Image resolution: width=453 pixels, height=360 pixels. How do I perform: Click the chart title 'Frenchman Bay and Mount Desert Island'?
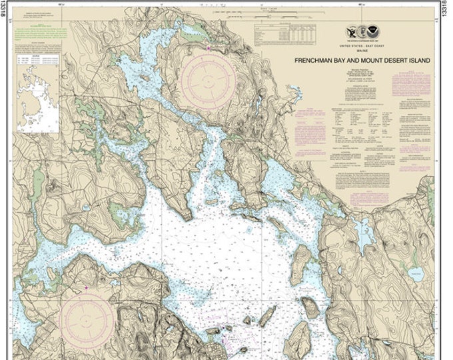point(362,60)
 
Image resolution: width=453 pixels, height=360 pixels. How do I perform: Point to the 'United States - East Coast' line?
point(363,44)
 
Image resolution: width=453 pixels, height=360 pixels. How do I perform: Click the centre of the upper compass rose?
point(207,81)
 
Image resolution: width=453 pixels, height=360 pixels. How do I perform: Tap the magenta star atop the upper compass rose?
point(208,48)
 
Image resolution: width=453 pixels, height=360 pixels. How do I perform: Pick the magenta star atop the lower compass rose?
point(87,287)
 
